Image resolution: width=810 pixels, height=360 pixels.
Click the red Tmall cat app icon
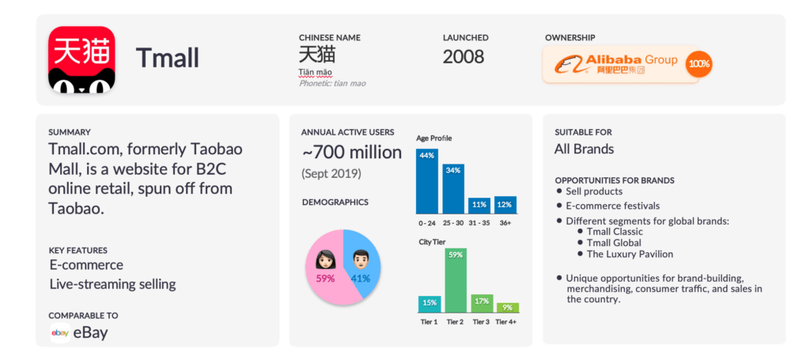tap(81, 59)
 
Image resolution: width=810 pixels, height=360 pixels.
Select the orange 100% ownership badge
tap(698, 63)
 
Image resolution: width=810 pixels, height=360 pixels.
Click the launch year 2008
tap(463, 57)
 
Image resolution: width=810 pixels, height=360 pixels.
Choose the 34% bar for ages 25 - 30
tap(453, 188)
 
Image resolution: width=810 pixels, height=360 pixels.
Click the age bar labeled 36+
tap(505, 205)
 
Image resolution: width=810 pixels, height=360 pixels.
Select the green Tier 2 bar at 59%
tap(454, 280)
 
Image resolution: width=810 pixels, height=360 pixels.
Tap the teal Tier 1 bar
tap(429, 305)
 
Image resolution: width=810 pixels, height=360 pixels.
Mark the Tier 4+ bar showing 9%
tap(507, 308)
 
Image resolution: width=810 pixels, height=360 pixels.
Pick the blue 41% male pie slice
tap(363, 261)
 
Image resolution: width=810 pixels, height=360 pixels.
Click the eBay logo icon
tap(59, 333)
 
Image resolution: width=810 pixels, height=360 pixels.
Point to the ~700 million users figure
tap(351, 153)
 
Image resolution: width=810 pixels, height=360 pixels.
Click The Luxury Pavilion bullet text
tap(630, 254)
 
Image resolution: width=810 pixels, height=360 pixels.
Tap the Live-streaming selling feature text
tap(112, 284)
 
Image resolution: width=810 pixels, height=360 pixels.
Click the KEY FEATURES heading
tap(78, 250)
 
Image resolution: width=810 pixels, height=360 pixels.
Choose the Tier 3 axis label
tap(481, 322)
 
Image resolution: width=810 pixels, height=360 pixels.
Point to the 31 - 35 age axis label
tap(479, 222)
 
